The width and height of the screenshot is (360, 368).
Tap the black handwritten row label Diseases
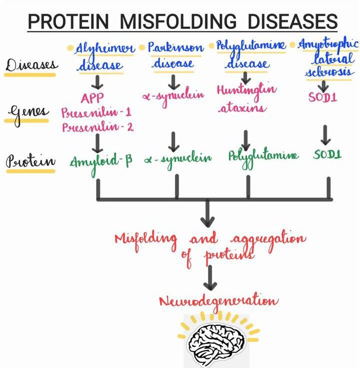coord(32,65)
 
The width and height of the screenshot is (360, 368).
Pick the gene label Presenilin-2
coord(97,126)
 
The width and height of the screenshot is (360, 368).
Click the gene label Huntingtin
coord(246,90)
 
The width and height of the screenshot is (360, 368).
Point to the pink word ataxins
coord(242,106)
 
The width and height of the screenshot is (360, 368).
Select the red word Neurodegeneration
coord(218,301)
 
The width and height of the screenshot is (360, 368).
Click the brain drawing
coord(216,340)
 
